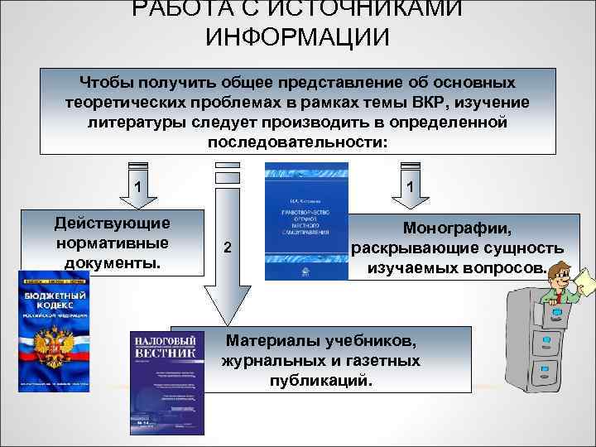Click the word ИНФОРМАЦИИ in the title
point(297,37)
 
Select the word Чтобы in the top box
point(108,84)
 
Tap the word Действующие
point(113,223)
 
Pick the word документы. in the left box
point(113,262)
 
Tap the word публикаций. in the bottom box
point(321,382)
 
